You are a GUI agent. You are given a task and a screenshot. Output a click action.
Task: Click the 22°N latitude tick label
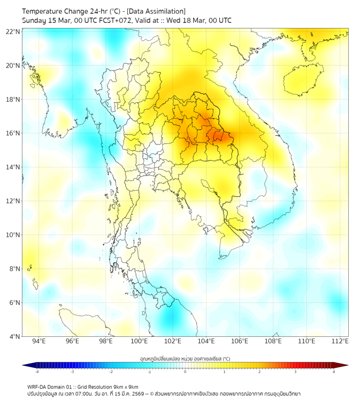13,32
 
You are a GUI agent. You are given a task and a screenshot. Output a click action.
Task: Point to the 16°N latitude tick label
13,133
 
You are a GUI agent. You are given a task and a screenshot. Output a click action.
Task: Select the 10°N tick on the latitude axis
13,235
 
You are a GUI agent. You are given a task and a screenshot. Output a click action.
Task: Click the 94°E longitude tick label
39,342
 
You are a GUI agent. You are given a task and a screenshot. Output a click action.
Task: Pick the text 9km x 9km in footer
126,386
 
